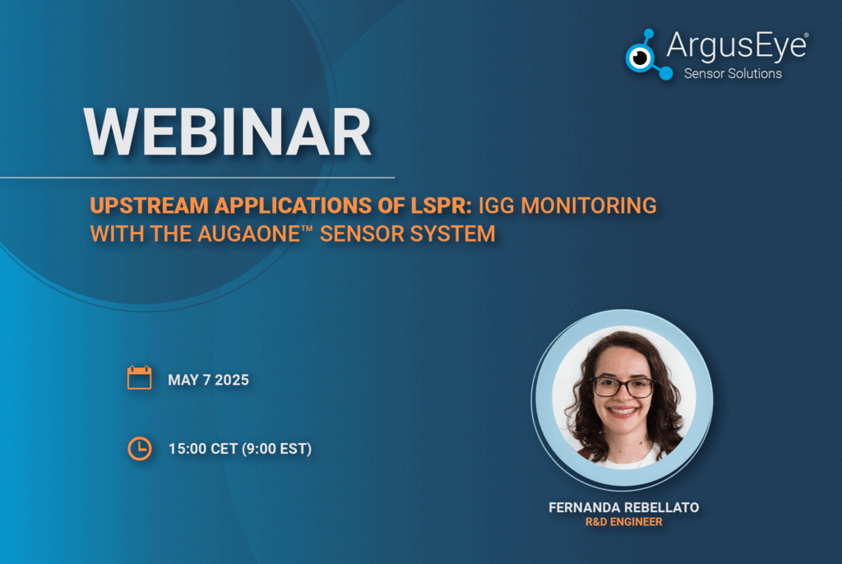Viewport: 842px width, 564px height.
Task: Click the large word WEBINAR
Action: (227, 132)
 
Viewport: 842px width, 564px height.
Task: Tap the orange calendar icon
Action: (139, 377)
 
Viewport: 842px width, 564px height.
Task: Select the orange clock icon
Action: (140, 449)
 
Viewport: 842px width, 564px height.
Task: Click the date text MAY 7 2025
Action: (208, 381)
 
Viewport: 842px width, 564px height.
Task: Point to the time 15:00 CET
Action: (203, 449)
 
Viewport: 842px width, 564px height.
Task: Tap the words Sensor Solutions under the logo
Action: (733, 74)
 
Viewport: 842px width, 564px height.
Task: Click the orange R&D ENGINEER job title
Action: (624, 522)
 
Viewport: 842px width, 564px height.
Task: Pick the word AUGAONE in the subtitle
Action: (248, 234)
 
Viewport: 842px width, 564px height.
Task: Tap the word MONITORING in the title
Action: (589, 206)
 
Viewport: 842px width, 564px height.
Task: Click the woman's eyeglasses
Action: (623, 386)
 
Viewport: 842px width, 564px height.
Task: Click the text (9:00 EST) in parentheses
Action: (277, 449)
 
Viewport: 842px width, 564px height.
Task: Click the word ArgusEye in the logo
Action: (736, 46)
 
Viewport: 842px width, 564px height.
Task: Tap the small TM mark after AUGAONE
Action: (307, 229)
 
